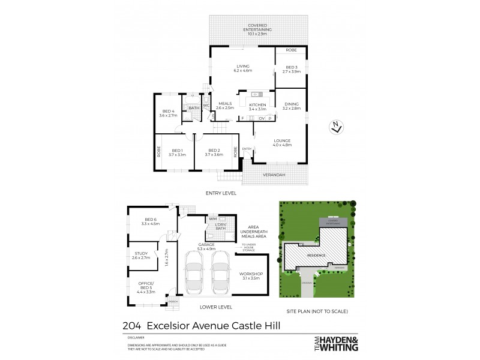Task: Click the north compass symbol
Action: (x=337, y=126)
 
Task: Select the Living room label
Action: (x=243, y=68)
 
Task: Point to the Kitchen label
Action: (x=257, y=107)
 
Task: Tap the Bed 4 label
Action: (x=169, y=113)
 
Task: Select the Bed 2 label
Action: (x=214, y=152)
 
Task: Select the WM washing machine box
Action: (x=213, y=220)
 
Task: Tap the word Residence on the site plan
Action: (x=317, y=256)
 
